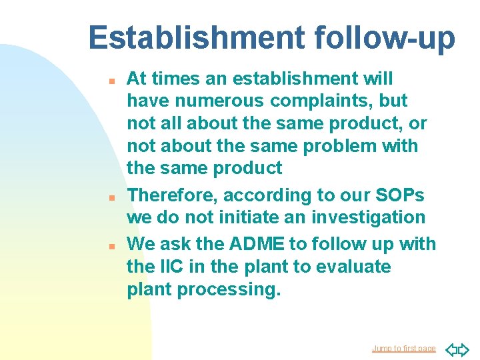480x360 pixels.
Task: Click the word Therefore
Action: [x=171, y=195]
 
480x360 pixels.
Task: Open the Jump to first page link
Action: [x=403, y=349]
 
